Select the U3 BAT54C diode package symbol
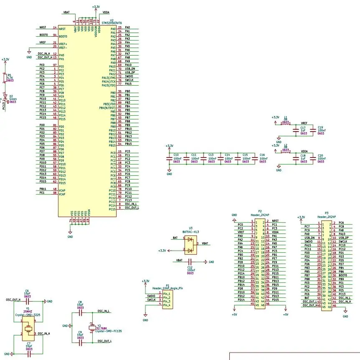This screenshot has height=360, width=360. [x=190, y=245]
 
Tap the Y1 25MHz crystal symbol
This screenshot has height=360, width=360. [x=28, y=329]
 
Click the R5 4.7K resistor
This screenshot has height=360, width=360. [x=5, y=78]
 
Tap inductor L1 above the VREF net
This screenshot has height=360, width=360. [x=286, y=124]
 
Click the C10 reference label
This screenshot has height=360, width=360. [x=176, y=155]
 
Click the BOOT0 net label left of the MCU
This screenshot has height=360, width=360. [x=43, y=35]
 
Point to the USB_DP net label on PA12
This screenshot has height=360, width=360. [x=130, y=73]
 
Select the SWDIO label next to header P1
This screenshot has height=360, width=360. [x=151, y=296]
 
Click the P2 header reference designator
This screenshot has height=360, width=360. [x=260, y=211]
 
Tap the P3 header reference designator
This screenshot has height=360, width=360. [x=327, y=213]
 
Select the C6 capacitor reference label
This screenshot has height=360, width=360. [x=27, y=291]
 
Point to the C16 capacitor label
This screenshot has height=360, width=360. [x=262, y=155]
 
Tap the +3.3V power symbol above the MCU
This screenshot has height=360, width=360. [x=96, y=7]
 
